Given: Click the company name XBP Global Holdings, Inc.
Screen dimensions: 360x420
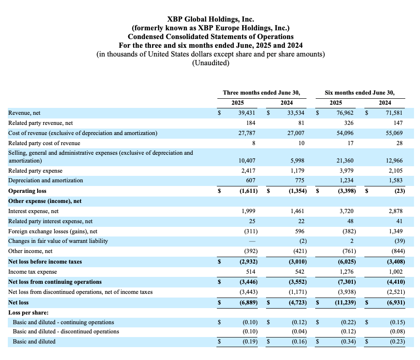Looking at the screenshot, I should pos(210,19).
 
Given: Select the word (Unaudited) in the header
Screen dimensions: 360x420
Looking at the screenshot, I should pos(210,63).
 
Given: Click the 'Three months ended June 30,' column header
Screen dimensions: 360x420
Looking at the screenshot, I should pos(261,93).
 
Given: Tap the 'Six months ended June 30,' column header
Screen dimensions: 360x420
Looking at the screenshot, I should pos(359,93).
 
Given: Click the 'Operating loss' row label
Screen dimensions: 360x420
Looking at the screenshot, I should pos(27,191).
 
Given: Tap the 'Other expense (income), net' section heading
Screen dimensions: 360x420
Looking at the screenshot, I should pos(45,201).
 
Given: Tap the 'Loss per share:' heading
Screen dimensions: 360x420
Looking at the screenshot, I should pos(28,312).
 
